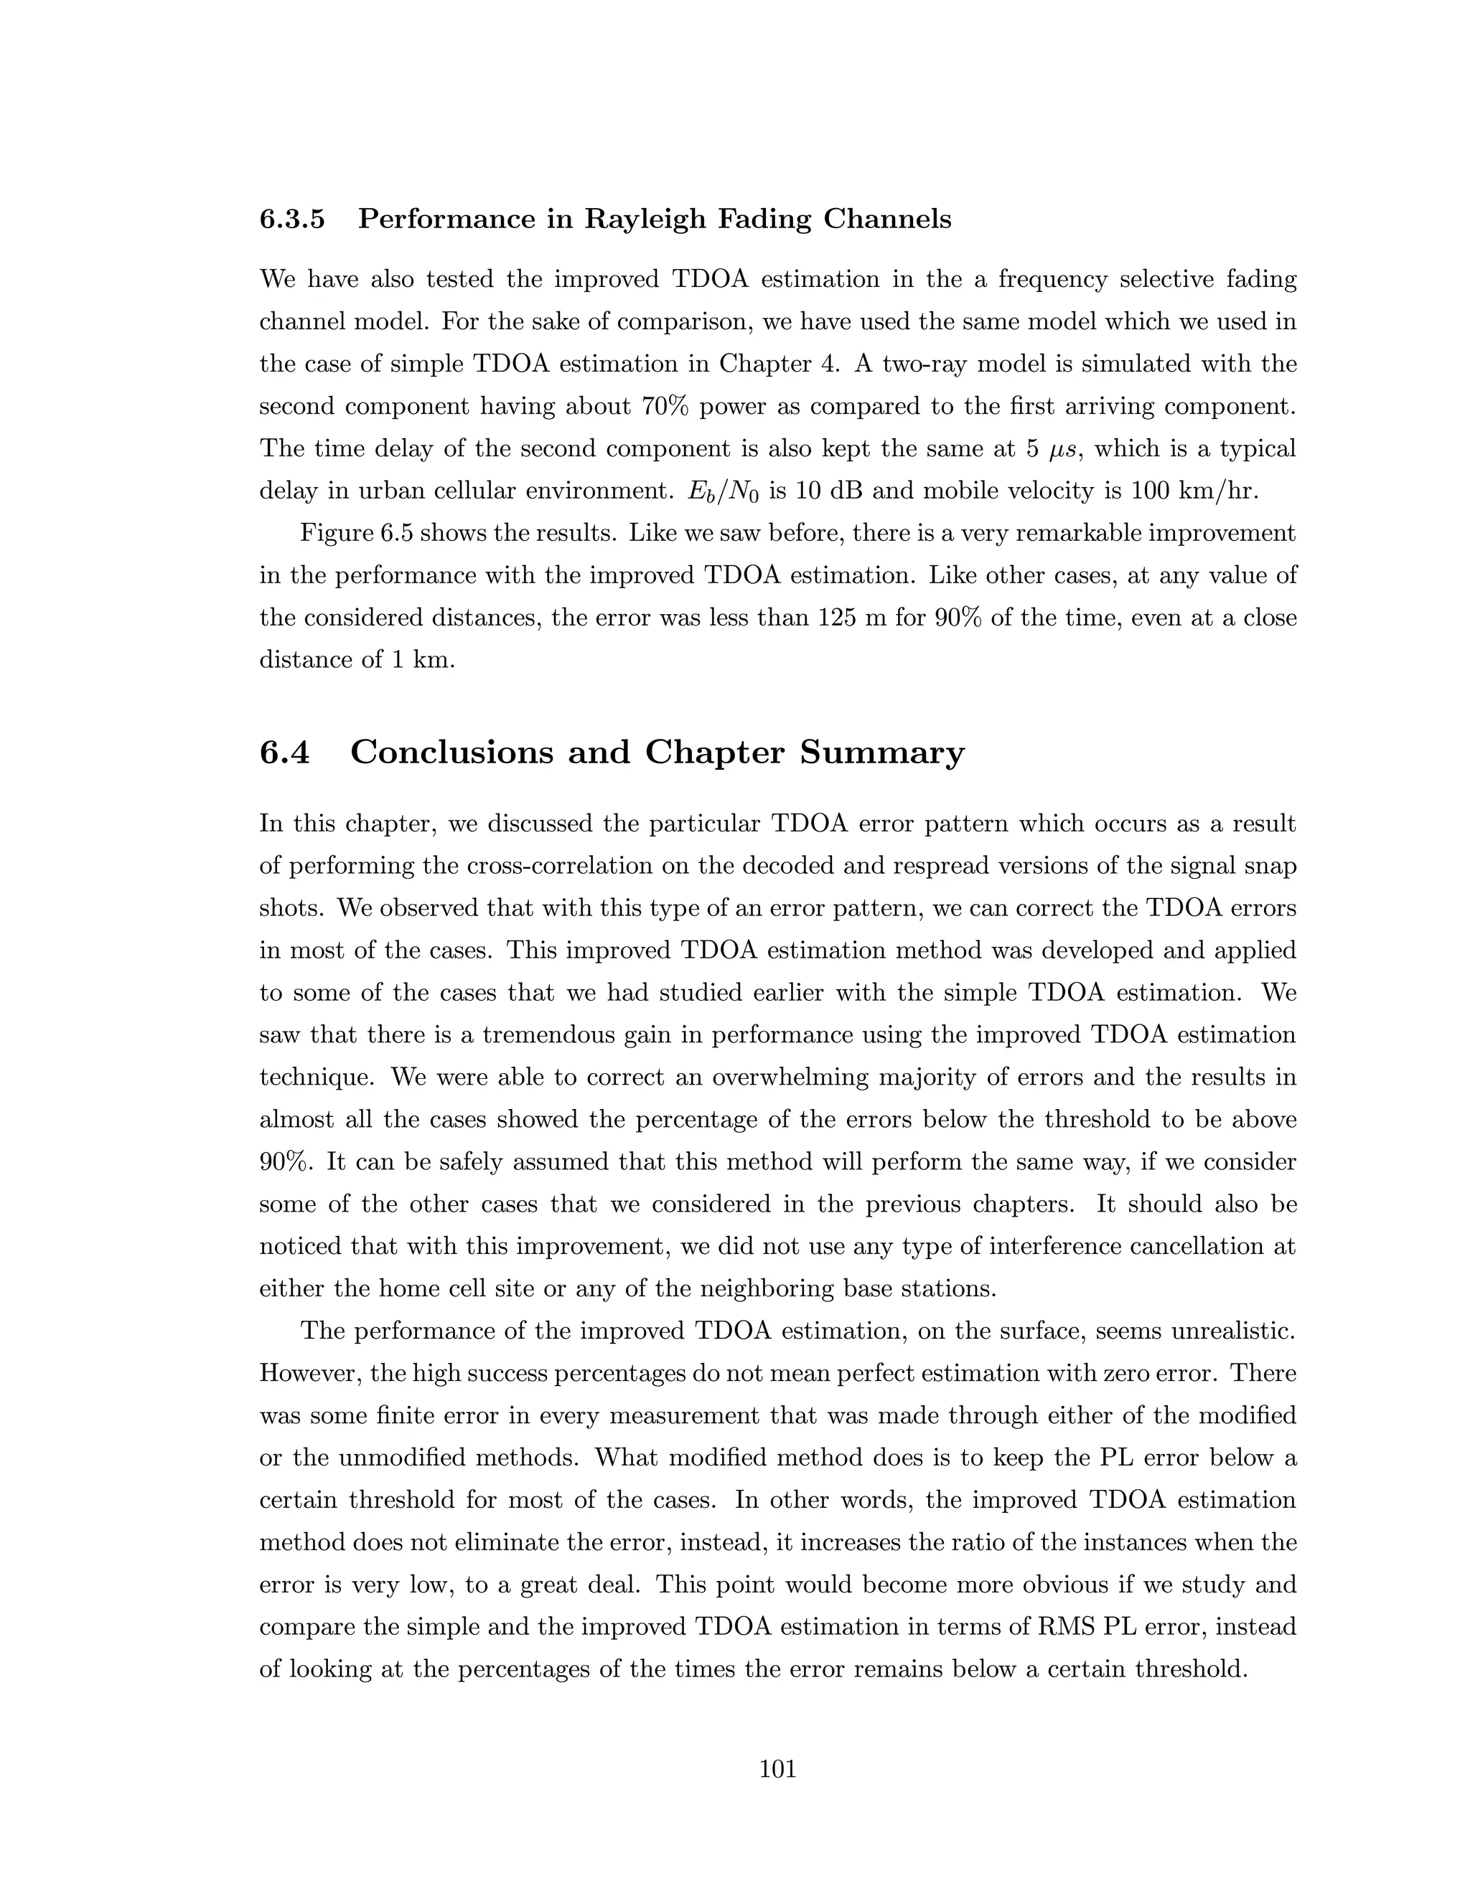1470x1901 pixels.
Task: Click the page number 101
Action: point(777,1770)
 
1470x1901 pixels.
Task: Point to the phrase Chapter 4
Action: point(777,364)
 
